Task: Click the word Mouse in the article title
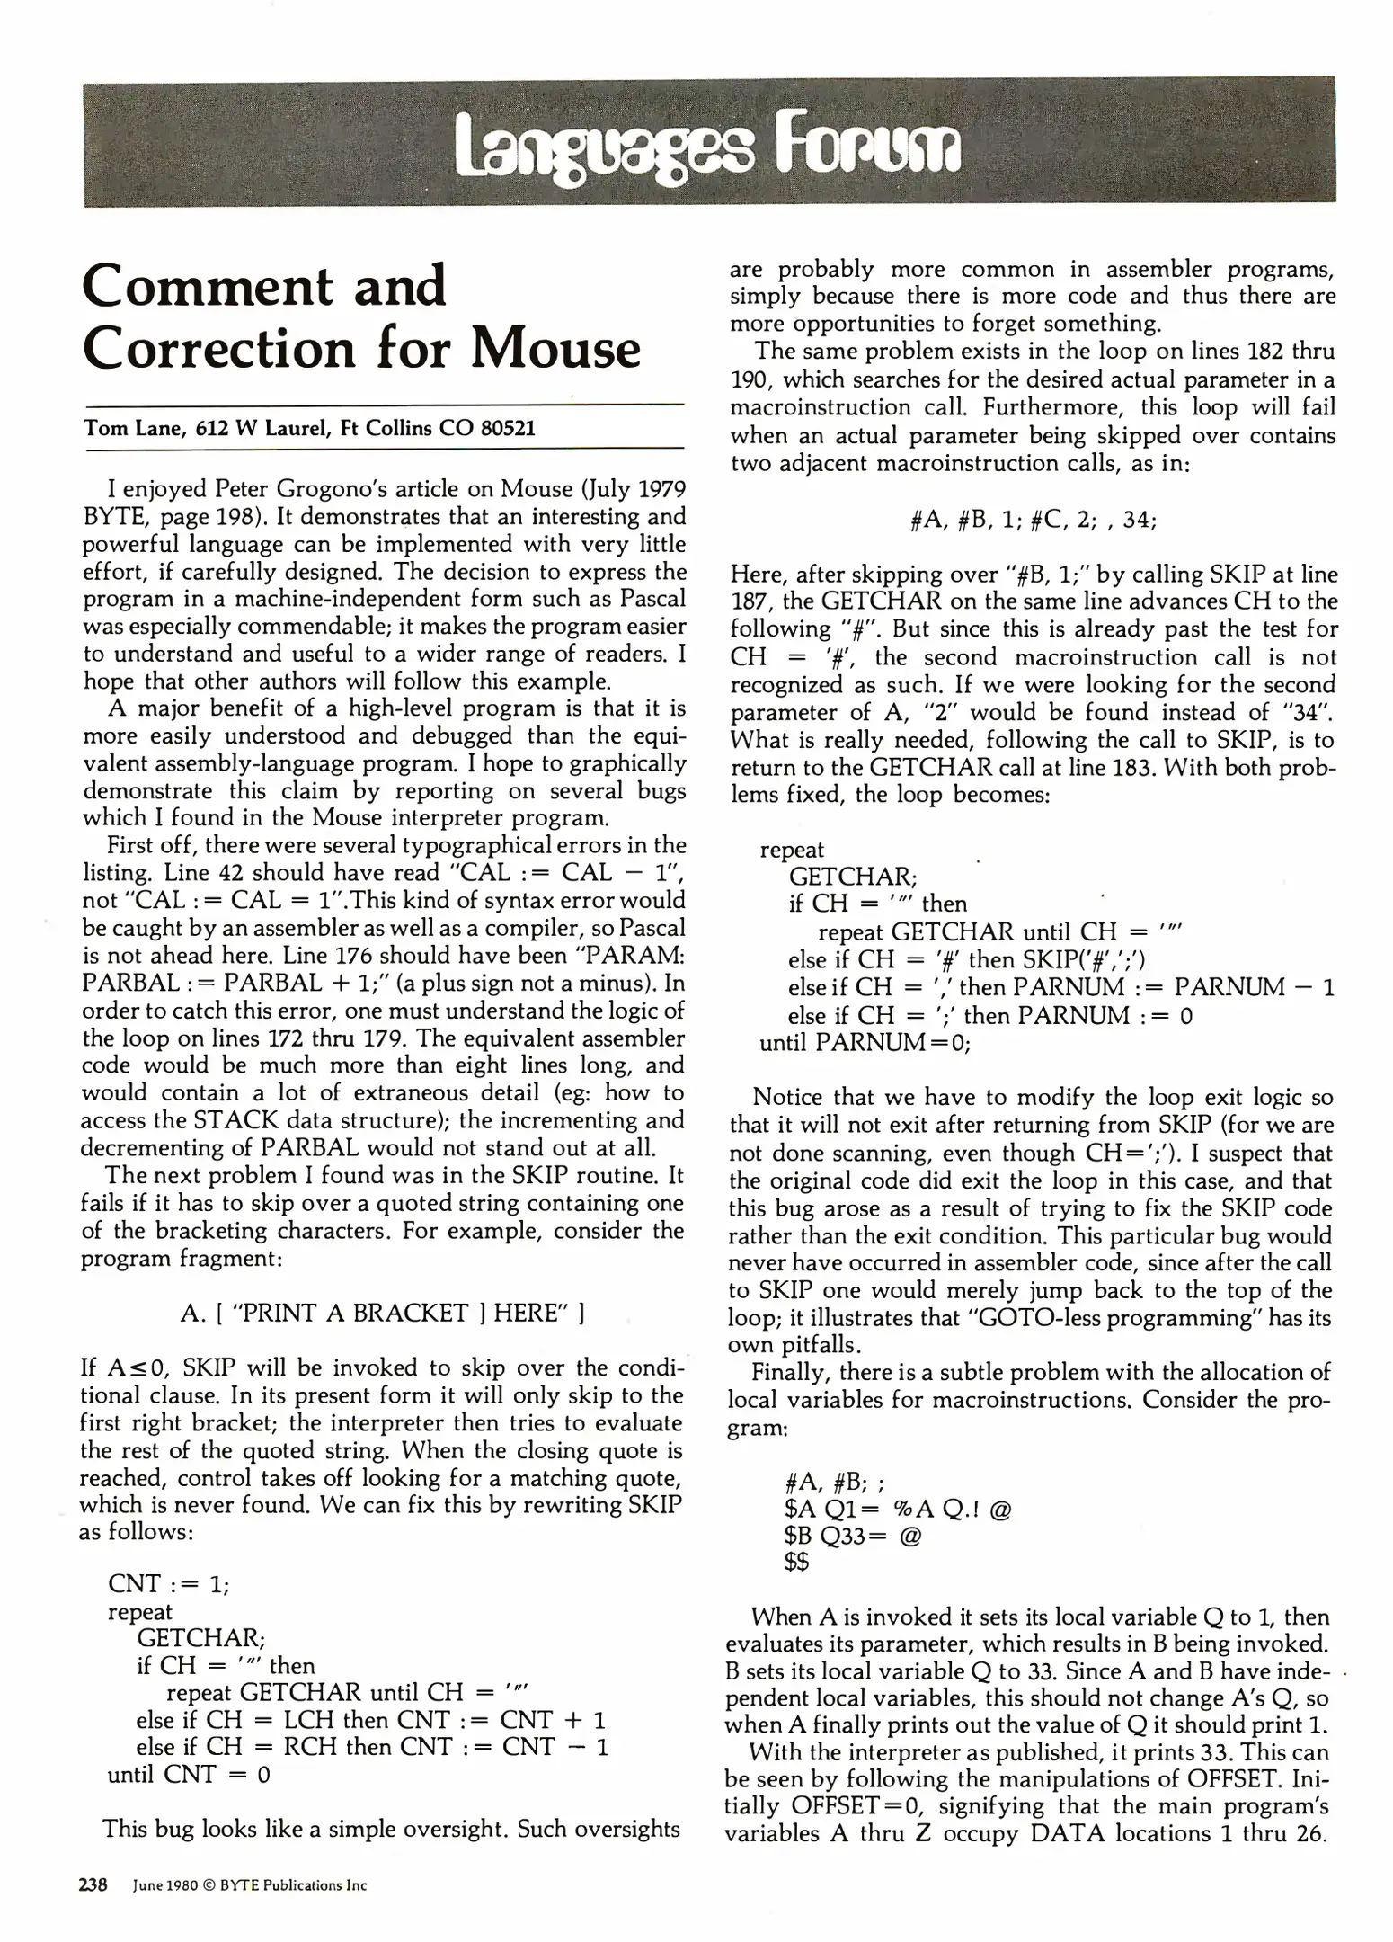(555, 349)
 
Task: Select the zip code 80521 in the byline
(507, 428)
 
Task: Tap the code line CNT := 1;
(168, 1583)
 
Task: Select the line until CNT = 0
(189, 1774)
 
